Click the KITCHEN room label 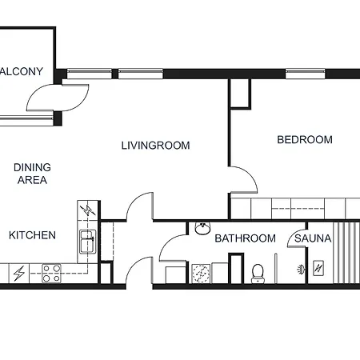(32, 235)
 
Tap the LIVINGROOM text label (155, 146)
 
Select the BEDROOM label (304, 140)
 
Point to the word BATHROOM (245, 238)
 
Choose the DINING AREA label (32, 174)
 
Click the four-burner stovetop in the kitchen (52, 274)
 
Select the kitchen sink (86, 238)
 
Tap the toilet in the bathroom (258, 273)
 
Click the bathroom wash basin (203, 229)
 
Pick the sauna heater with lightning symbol (318, 268)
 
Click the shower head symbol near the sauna (300, 270)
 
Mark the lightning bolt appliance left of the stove (18, 274)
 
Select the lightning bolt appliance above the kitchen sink (86, 210)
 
